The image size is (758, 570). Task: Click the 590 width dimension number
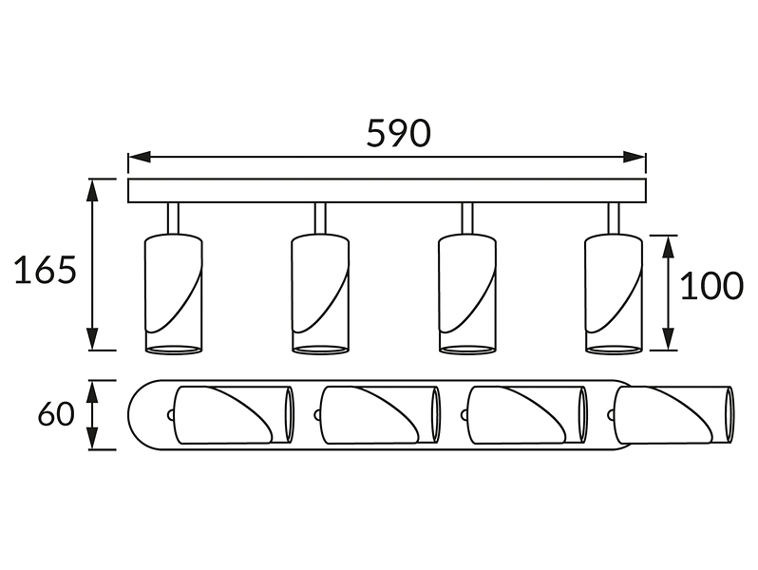pyautogui.click(x=398, y=133)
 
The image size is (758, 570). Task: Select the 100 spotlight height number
pyautogui.click(x=711, y=285)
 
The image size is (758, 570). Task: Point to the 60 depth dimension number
pyautogui.click(x=57, y=414)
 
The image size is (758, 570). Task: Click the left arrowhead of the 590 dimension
pyautogui.click(x=140, y=157)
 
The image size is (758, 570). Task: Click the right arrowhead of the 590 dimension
pyautogui.click(x=635, y=157)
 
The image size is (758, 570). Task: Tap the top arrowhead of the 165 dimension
pyautogui.click(x=92, y=190)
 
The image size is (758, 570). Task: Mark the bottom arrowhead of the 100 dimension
pyautogui.click(x=668, y=338)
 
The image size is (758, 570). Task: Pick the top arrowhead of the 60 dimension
pyautogui.click(x=92, y=391)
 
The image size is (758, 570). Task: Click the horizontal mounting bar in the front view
pyautogui.click(x=387, y=191)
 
